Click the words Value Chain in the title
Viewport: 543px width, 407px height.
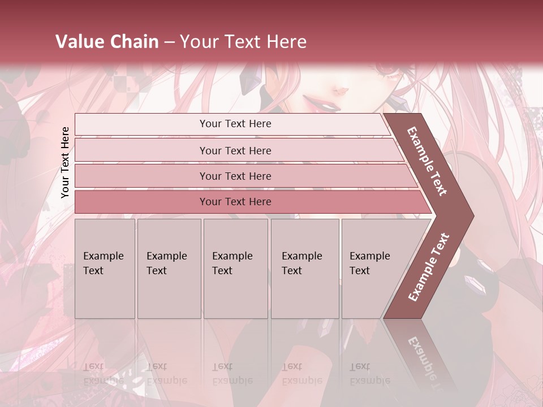pyautogui.click(x=107, y=41)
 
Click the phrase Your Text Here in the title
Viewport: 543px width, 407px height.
pyautogui.click(x=243, y=41)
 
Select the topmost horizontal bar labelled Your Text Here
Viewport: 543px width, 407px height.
pyautogui.click(x=235, y=124)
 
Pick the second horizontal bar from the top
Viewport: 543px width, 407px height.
pyautogui.click(x=235, y=150)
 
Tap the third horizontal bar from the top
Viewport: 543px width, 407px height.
pyautogui.click(x=235, y=176)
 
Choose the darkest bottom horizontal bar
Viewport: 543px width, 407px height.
pyautogui.click(x=235, y=202)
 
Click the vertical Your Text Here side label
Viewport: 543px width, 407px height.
pyautogui.click(x=65, y=162)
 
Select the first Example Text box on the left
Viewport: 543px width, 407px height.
pyautogui.click(x=105, y=269)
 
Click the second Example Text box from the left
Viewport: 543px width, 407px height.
pyautogui.click(x=169, y=269)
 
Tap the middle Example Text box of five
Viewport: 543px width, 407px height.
pyautogui.click(x=235, y=269)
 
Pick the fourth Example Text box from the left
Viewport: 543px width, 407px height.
pyautogui.click(x=304, y=269)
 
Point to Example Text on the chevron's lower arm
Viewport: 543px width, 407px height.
pyautogui.click(x=429, y=267)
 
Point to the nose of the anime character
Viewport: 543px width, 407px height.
pyautogui.click(x=341, y=89)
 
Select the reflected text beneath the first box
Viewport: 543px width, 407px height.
pyautogui.click(x=103, y=374)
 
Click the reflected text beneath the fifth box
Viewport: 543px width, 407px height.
pyautogui.click(x=370, y=374)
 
